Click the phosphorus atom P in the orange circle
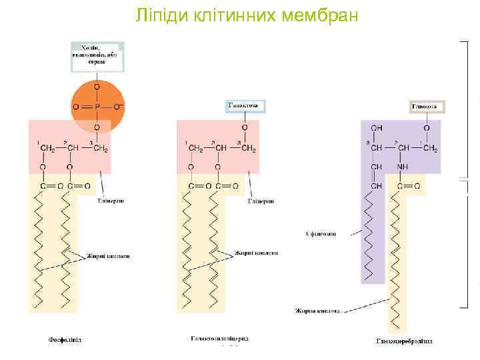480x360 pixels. click(x=97, y=107)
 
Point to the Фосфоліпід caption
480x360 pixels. click(x=65, y=340)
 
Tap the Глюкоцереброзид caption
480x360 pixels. click(x=404, y=341)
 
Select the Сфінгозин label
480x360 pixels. click(x=322, y=234)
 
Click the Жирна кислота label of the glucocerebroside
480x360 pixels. click(x=317, y=311)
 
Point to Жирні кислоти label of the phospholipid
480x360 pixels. click(x=107, y=256)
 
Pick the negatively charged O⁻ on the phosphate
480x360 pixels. click(x=119, y=107)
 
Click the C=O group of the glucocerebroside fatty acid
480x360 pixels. click(x=409, y=187)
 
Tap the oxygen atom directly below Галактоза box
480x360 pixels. click(x=245, y=127)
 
